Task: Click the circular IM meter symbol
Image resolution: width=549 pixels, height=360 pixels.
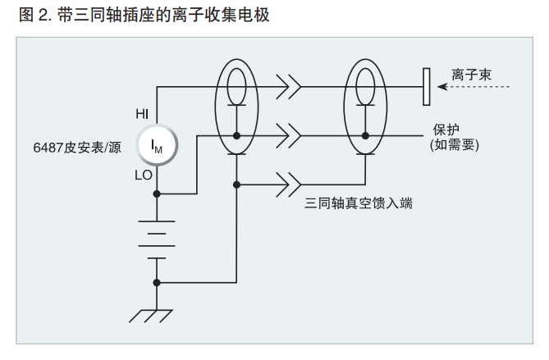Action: (x=158, y=145)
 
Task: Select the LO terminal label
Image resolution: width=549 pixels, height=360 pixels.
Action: (x=143, y=175)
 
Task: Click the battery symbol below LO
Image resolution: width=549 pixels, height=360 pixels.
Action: (x=157, y=239)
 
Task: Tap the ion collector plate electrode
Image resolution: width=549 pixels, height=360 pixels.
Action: (x=426, y=87)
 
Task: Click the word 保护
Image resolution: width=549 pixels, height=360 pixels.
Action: (x=446, y=130)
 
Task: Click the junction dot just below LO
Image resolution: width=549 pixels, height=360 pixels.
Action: (x=157, y=194)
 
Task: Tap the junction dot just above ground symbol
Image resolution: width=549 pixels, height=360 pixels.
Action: (x=157, y=283)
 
